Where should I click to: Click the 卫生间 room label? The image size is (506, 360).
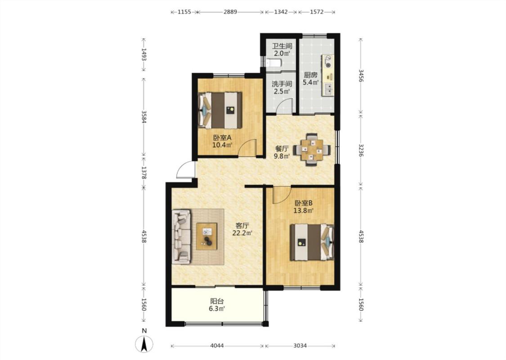tap(282, 46)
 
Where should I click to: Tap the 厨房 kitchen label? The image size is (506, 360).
tap(310, 75)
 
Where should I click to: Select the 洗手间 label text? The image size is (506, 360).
tap(282, 84)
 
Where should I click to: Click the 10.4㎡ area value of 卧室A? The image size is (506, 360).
tap(222, 145)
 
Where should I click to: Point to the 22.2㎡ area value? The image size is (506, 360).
tap(242, 233)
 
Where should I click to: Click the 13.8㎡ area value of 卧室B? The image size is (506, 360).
tap(303, 211)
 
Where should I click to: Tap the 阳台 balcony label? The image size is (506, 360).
tap(217, 301)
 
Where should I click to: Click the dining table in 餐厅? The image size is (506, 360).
tap(312, 149)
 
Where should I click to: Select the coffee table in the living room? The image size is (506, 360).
tap(207, 236)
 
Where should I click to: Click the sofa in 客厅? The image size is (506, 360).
tap(181, 237)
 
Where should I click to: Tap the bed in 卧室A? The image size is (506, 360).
tap(220, 110)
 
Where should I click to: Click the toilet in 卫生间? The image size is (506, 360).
tap(274, 63)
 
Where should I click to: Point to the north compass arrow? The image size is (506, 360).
tap(144, 344)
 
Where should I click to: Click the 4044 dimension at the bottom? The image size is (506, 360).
tap(217, 346)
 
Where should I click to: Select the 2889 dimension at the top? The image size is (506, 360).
tap(230, 12)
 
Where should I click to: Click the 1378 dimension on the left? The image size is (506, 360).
tap(144, 173)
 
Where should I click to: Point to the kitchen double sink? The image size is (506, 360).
tap(328, 89)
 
